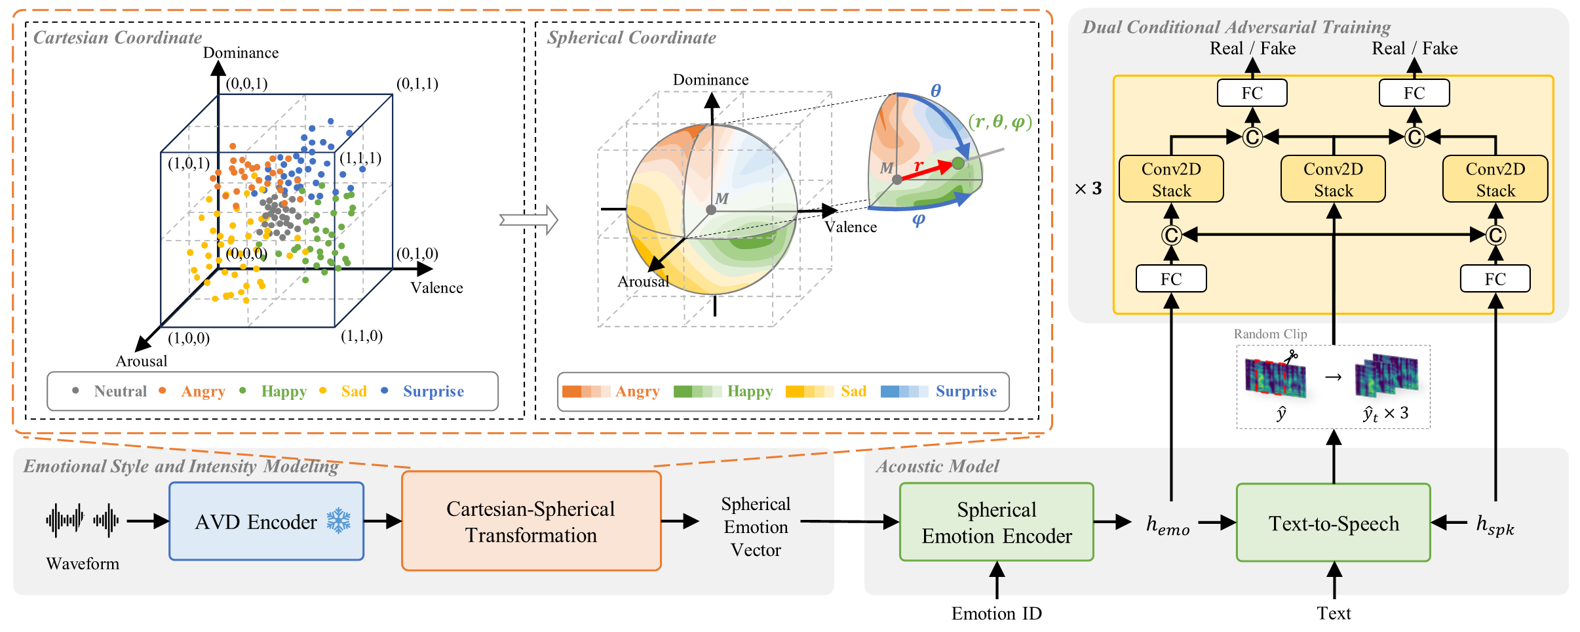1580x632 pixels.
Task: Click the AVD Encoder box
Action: (266, 521)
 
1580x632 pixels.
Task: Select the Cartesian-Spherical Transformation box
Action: (531, 521)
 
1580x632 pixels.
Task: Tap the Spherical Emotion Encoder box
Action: (996, 522)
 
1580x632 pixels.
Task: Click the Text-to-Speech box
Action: (1333, 523)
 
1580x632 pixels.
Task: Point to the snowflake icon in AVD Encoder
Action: (339, 521)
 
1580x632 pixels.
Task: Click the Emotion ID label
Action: (996, 613)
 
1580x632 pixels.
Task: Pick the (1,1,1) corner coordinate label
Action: (360, 158)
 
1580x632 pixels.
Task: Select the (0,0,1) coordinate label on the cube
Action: (246, 83)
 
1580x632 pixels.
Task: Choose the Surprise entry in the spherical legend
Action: (938, 391)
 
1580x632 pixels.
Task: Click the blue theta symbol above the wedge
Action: (936, 90)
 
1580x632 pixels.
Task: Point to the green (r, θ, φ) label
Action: (999, 121)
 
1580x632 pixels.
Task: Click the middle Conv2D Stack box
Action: (1333, 179)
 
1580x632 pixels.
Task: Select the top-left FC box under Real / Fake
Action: (1252, 93)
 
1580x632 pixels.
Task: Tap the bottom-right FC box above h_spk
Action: (1495, 279)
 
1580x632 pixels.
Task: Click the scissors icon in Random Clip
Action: (1290, 357)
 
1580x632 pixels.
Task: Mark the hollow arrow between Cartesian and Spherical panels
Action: (528, 220)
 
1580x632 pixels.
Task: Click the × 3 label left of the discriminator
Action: (1089, 189)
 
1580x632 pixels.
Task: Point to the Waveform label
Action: (83, 564)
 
